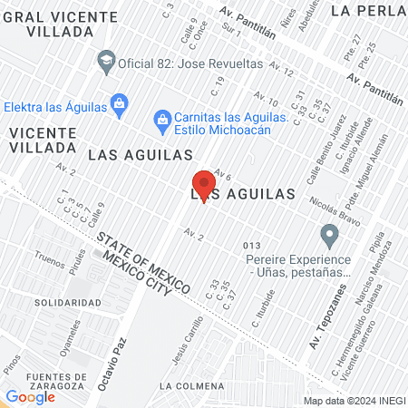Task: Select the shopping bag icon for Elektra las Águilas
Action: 119,104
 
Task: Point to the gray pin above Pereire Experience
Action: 330,237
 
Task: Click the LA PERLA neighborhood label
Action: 368,11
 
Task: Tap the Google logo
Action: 30,396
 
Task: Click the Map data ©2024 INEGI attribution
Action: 354,401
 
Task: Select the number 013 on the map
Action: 253,246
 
